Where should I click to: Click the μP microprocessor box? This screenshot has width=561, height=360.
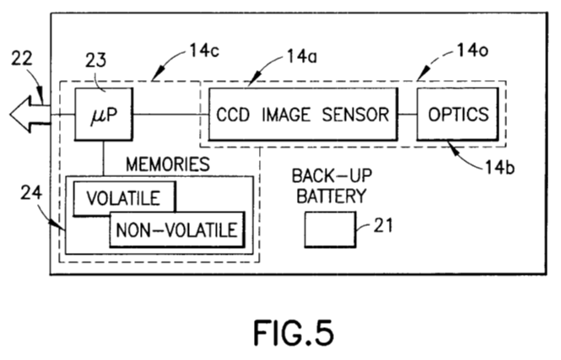pyautogui.click(x=102, y=114)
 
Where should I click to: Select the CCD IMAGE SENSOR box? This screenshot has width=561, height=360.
pyautogui.click(x=303, y=114)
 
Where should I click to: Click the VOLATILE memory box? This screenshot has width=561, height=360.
pyautogui.click(x=124, y=199)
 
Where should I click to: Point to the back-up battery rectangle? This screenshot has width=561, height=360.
pyautogui.click(x=327, y=228)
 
